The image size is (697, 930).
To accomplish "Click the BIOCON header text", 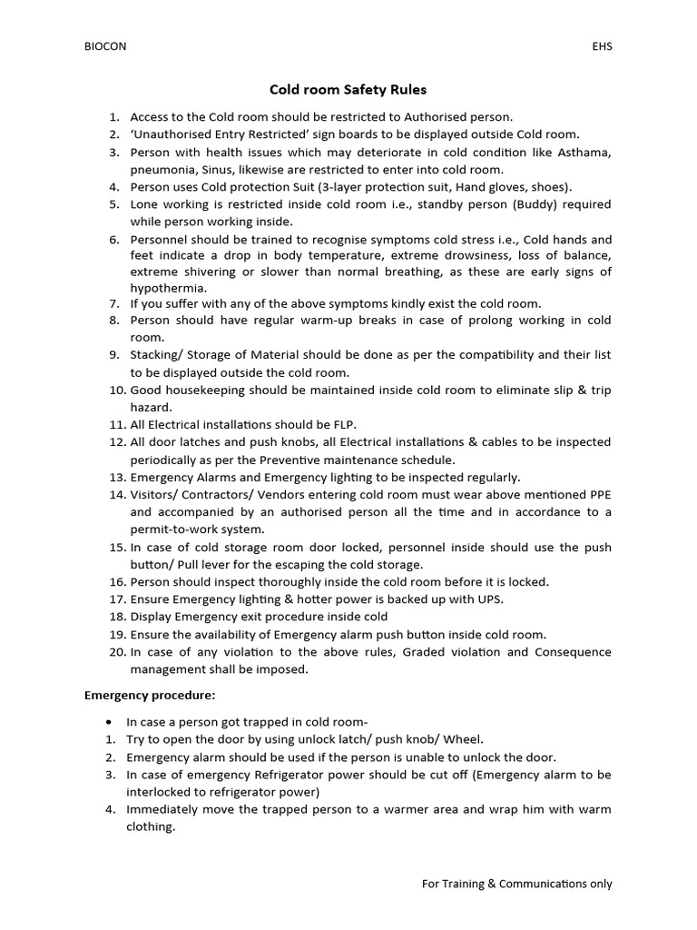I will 105,47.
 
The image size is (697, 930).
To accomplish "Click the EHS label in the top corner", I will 602,47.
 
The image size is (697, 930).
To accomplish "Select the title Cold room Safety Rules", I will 348,90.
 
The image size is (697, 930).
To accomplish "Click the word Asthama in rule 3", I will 584,152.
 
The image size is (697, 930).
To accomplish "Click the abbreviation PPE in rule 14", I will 599,495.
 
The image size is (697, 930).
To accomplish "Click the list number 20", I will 115,652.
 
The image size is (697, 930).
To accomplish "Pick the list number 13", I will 115,477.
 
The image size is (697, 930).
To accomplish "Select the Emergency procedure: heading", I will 150,696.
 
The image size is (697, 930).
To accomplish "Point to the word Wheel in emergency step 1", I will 466,739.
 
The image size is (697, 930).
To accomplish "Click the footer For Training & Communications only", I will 517,884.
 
